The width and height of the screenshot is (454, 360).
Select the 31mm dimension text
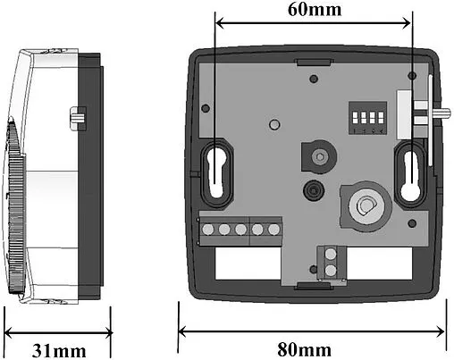57,347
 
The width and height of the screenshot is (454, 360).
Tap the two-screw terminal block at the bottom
331,263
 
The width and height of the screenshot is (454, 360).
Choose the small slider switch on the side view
76,116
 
